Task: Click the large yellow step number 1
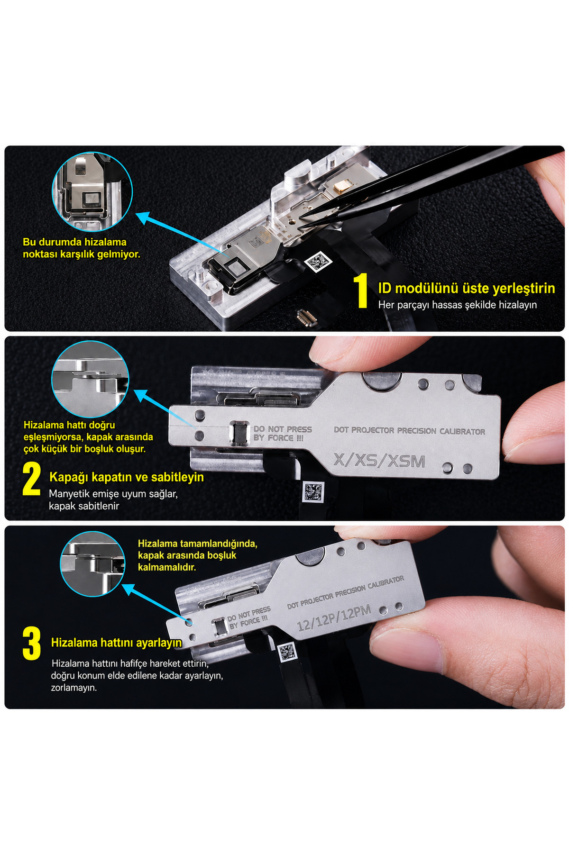click(362, 290)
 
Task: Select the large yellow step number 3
click(32, 643)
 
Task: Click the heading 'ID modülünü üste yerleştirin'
click(467, 288)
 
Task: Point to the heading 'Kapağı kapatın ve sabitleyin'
click(127, 477)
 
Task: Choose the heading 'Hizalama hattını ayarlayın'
click(117, 643)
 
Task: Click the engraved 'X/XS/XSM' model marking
click(379, 460)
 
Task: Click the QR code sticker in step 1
click(318, 262)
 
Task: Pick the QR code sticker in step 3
click(287, 653)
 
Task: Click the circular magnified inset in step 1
click(92, 191)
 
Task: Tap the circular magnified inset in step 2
click(90, 379)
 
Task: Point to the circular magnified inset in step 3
click(92, 564)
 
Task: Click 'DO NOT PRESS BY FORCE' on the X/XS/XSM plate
click(283, 433)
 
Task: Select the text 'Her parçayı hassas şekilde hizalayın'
click(458, 305)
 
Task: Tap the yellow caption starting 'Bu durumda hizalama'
click(82, 248)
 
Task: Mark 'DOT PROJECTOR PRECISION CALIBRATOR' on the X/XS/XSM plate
click(410, 431)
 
